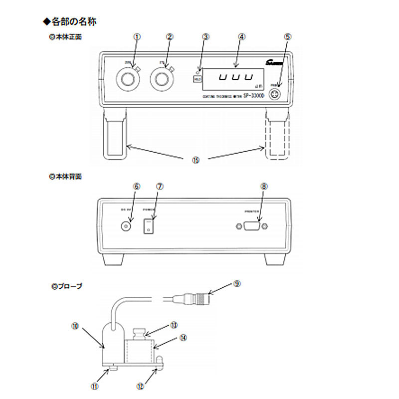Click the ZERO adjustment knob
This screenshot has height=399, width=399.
[x=126, y=79]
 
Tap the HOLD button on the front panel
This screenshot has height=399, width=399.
[x=197, y=78]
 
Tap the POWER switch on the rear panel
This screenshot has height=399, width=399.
[x=148, y=227]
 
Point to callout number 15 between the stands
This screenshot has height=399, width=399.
[x=196, y=161]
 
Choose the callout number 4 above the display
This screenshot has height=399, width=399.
[x=241, y=36]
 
